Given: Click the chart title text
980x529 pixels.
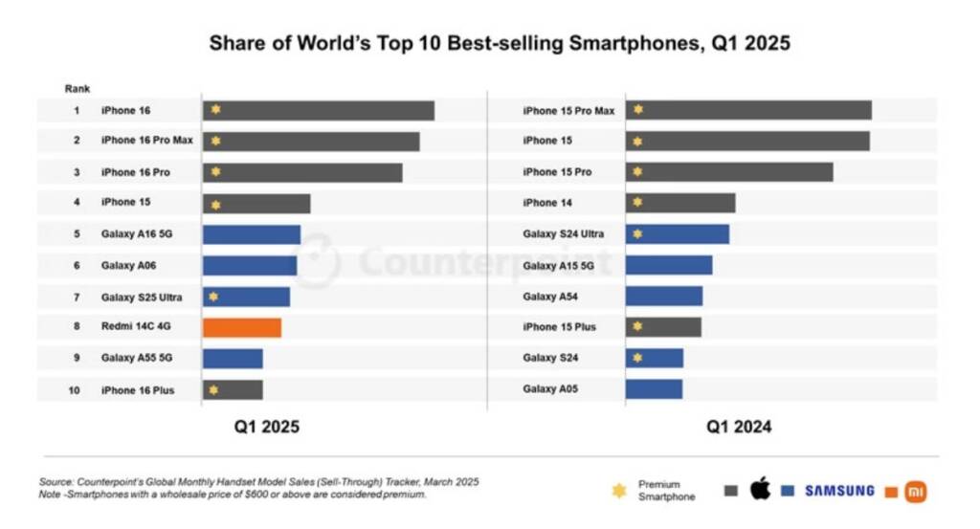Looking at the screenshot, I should [x=500, y=43].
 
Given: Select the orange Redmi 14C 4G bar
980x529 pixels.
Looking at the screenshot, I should [x=242, y=327].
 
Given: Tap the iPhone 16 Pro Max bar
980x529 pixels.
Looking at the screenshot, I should [x=311, y=142].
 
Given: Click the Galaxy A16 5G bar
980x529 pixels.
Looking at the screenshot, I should [x=252, y=234].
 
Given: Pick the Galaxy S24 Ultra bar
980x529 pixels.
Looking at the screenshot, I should [x=678, y=234].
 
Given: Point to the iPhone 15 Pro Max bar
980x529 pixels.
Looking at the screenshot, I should [x=748, y=110].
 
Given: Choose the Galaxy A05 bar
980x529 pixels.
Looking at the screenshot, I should [x=655, y=389].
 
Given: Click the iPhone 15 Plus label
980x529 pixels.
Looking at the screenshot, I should [x=559, y=327].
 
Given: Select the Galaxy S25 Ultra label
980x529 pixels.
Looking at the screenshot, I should [x=142, y=297].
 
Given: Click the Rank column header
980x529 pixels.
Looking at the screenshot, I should [x=78, y=88].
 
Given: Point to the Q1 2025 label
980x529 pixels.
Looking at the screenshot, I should [x=267, y=427].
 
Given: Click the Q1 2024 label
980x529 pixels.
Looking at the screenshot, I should [x=739, y=427].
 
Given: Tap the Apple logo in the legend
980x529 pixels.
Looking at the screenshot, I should [x=760, y=490].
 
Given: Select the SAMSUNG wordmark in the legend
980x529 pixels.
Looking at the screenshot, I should [x=839, y=491].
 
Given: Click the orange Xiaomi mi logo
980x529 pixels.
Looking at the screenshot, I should [x=916, y=491].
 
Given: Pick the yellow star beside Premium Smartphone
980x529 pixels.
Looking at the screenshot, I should [x=619, y=491].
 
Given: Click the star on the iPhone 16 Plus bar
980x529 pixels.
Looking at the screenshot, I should [x=213, y=389].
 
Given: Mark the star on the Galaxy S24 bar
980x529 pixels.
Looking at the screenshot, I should [x=637, y=358].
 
